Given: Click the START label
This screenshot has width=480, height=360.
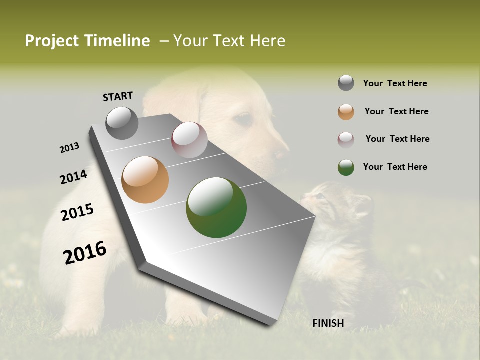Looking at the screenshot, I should point(118,96).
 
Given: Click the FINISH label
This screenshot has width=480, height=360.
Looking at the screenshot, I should point(328,323).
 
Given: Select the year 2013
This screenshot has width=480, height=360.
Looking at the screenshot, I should point(69,148).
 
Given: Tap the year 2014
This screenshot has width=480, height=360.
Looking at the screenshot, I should point(73,177).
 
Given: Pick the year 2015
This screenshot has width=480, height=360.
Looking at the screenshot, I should point(77,213).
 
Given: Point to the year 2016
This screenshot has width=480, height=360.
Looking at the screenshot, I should point(85,253).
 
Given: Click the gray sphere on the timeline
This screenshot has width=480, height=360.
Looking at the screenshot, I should point(122,123).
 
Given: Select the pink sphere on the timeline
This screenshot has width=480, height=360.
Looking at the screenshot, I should point(189,140).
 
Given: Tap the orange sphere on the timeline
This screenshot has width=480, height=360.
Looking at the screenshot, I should point(145,180).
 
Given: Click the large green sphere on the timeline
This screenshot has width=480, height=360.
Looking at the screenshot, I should point(216,207).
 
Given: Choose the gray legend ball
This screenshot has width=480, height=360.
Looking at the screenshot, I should point(346,83).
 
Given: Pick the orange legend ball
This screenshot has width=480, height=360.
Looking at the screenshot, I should point(346,112).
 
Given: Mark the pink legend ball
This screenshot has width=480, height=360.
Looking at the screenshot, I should point(346,140).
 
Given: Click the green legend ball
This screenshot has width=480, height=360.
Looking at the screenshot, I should point(346,167).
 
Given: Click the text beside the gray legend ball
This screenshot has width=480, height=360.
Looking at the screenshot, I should point(395,84).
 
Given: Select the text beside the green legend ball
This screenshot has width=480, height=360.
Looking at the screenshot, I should point(395,167).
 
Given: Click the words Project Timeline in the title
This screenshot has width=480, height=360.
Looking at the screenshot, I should point(87,41).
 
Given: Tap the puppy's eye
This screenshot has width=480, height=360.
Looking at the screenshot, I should point(243,119).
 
